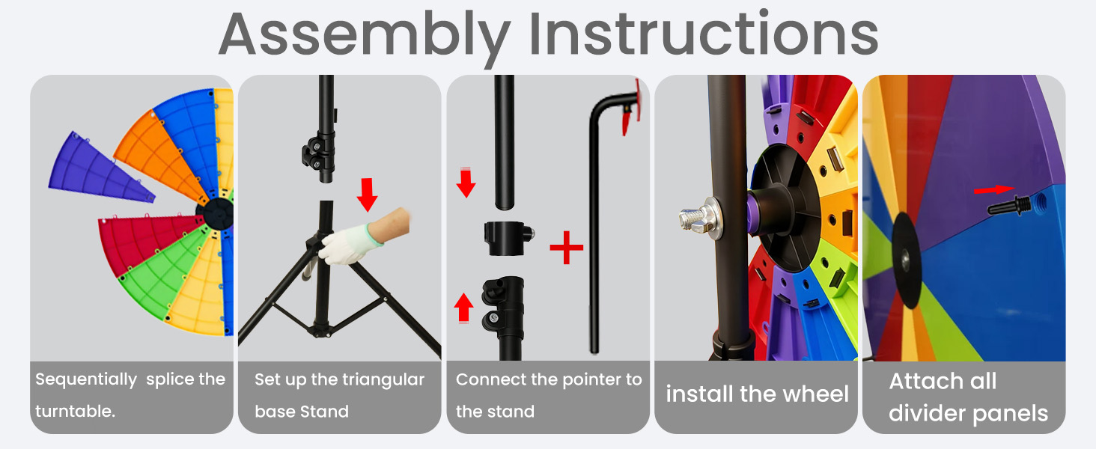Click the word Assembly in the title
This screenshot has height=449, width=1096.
pos(365,36)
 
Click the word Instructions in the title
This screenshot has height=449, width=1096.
pos(704,33)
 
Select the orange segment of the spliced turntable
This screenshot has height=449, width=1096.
pos(159,155)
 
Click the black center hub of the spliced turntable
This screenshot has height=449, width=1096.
pos(216,213)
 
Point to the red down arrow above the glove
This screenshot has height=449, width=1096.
pos(367,194)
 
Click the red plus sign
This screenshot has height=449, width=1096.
pos(567,247)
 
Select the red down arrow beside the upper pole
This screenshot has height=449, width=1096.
pos(466,183)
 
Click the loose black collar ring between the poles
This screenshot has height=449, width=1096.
pos(508,238)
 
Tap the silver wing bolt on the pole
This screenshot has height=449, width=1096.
pos(698,219)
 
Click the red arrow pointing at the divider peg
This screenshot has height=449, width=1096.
pos(994,189)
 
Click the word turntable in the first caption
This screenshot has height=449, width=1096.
pos(74,412)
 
